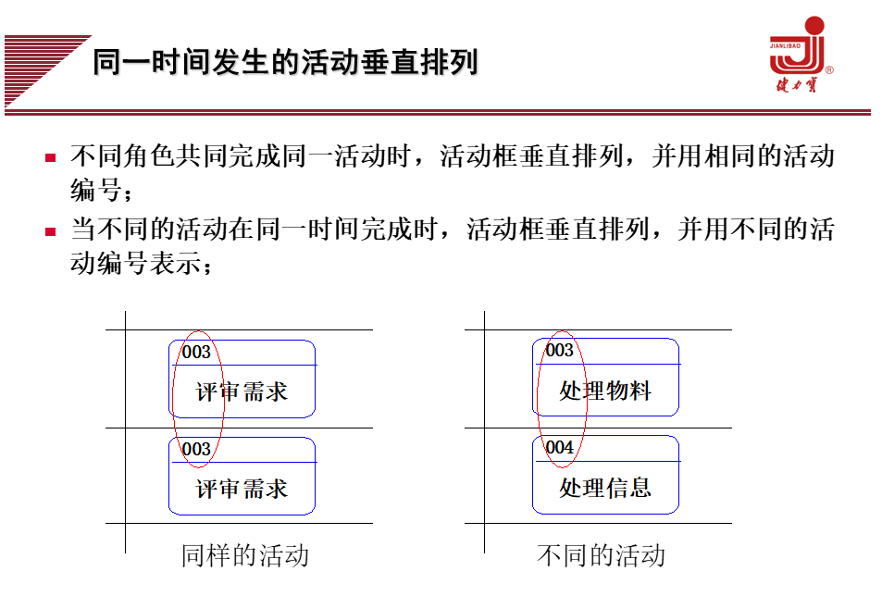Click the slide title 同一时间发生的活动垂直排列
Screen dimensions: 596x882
285,63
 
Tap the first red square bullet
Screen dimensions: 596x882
52,158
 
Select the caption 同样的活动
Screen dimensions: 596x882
244,555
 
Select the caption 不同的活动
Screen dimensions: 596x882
601,555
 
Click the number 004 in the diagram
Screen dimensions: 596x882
559,448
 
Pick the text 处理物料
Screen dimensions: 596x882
605,391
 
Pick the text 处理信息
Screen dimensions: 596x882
605,488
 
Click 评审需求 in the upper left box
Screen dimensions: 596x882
242,391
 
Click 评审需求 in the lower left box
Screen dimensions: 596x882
242,489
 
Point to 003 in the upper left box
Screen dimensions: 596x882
196,353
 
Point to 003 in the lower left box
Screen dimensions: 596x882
196,450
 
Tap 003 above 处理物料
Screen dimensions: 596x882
559,351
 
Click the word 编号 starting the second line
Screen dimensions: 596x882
94,192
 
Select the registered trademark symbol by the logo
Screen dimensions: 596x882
828,70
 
